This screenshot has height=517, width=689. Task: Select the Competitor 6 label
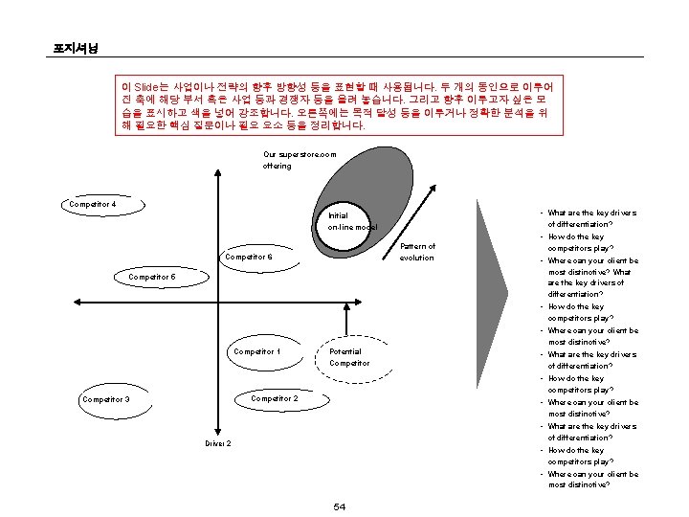click(249, 258)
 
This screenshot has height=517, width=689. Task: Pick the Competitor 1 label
click(257, 351)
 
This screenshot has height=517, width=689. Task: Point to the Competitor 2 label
click(275, 398)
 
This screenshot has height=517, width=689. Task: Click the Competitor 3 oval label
click(105, 399)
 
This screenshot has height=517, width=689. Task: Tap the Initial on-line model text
click(350, 221)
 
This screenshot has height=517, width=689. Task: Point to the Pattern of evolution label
click(416, 252)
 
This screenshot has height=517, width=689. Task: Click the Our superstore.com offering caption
click(300, 160)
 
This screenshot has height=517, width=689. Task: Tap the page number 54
click(339, 506)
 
